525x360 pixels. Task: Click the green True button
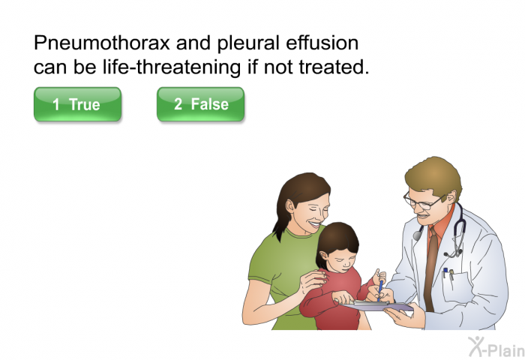tap(77, 104)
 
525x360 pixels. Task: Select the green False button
tap(200, 104)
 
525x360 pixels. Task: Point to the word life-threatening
tap(172, 67)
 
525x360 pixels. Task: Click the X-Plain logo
tap(496, 346)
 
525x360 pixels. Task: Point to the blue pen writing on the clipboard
tap(380, 290)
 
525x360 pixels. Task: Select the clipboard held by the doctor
tap(377, 306)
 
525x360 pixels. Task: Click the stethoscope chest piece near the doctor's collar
tap(418, 235)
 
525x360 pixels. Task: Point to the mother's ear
tap(290, 206)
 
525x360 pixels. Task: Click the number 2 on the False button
tap(178, 103)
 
